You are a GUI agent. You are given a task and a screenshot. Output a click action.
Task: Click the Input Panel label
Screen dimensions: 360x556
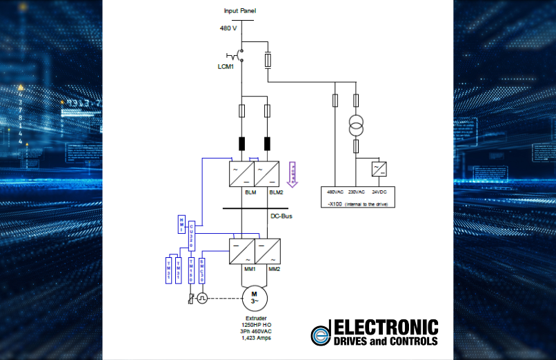[239, 10]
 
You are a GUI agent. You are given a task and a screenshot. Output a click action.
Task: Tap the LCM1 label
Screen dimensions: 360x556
[228, 66]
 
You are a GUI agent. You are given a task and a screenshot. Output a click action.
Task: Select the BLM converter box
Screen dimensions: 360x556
[241, 172]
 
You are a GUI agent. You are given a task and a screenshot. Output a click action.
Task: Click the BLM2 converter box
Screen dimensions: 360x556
[267, 172]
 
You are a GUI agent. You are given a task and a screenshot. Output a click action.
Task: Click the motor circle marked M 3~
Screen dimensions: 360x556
[254, 298]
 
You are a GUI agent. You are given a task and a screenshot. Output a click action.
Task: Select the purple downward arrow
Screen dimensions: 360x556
[292, 174]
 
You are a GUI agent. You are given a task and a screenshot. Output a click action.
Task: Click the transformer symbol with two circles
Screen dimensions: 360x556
[355, 127]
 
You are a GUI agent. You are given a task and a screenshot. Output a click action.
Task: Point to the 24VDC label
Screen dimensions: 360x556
[378, 192]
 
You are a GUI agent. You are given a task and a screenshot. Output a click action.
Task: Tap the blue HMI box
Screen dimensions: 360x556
[181, 223]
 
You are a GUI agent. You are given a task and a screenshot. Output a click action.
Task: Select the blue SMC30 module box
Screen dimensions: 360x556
[201, 270]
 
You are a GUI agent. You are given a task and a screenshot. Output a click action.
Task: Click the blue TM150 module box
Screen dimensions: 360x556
[191, 270]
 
